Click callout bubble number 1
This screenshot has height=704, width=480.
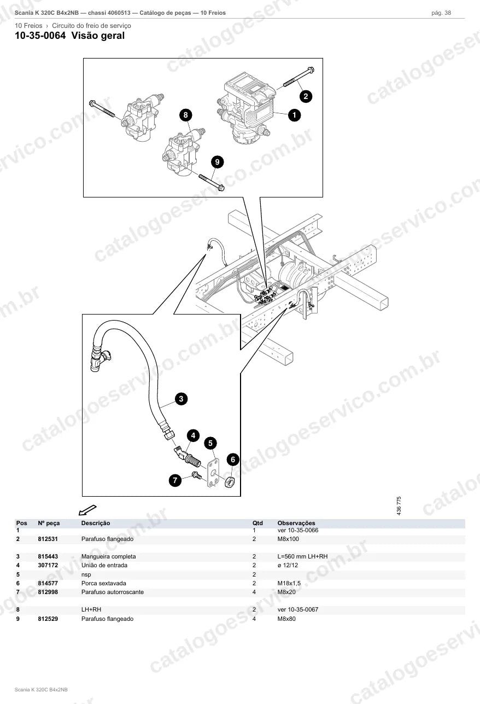(x=294, y=115)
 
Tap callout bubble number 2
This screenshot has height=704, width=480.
(x=306, y=96)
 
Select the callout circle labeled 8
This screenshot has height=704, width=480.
(x=186, y=115)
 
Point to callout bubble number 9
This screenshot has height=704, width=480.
(x=218, y=162)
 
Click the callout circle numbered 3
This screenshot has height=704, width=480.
(x=182, y=399)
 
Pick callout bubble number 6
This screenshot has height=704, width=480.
(x=233, y=459)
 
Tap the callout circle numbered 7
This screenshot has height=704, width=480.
(x=175, y=480)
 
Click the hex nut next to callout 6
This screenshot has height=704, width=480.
(x=230, y=482)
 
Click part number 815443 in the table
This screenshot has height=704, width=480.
(x=48, y=557)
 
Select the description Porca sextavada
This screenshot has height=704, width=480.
(x=104, y=583)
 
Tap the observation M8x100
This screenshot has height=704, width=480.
(x=288, y=539)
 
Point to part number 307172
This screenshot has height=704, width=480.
(x=48, y=566)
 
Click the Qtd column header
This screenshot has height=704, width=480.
(x=257, y=523)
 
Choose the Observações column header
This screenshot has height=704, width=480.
(x=296, y=523)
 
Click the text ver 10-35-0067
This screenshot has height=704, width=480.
(x=298, y=609)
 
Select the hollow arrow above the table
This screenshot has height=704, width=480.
(x=87, y=510)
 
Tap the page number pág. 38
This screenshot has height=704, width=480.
(x=441, y=13)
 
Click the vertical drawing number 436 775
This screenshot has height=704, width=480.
(x=399, y=505)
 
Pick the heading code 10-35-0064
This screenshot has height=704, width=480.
(x=40, y=36)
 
